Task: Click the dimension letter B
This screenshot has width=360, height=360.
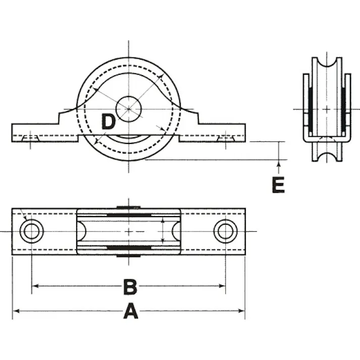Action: pyautogui.click(x=130, y=287)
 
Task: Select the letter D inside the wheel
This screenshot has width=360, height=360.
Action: pyautogui.click(x=109, y=122)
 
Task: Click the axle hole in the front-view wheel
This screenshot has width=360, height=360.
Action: pyautogui.click(x=128, y=109)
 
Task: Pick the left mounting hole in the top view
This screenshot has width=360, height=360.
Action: pyautogui.click(x=32, y=231)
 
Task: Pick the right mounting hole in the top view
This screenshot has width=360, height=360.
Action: pyautogui.click(x=225, y=231)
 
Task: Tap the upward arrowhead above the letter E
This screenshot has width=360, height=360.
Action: pyautogui.click(x=278, y=163)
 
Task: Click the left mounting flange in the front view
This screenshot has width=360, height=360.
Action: pyautogui.click(x=35, y=132)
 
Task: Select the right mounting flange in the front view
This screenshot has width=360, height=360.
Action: pyautogui.click(x=222, y=132)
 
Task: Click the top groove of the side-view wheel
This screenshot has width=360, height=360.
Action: pyautogui.click(x=326, y=65)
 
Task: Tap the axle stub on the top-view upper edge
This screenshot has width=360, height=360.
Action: pyautogui.click(x=128, y=206)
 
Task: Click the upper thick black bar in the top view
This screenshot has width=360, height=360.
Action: pyautogui.click(x=128, y=215)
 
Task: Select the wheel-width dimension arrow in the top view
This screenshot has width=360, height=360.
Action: pyautogui.click(x=163, y=231)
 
